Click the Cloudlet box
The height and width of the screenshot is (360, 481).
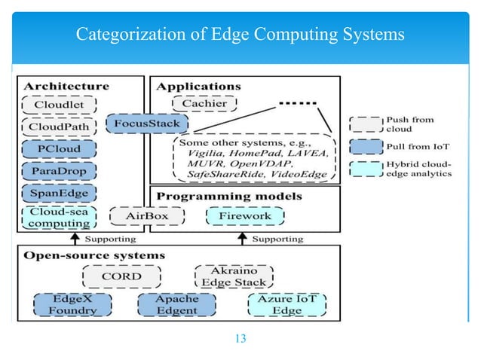click(x=59, y=105)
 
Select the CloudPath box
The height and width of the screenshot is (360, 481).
click(x=59, y=127)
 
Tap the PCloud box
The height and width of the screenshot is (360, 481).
click(x=59, y=149)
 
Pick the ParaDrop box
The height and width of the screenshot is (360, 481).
click(x=59, y=171)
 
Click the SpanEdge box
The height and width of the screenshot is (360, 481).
click(x=59, y=193)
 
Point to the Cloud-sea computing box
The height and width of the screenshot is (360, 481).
click(x=59, y=217)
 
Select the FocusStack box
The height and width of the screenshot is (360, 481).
click(x=146, y=124)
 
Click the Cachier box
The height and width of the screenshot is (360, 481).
click(x=204, y=105)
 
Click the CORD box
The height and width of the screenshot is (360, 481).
click(x=121, y=276)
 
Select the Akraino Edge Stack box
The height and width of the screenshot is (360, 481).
click(x=234, y=276)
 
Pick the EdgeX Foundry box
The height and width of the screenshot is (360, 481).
click(x=63, y=304)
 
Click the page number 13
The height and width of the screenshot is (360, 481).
click(x=240, y=337)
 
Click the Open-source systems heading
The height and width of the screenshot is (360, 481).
click(x=94, y=255)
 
